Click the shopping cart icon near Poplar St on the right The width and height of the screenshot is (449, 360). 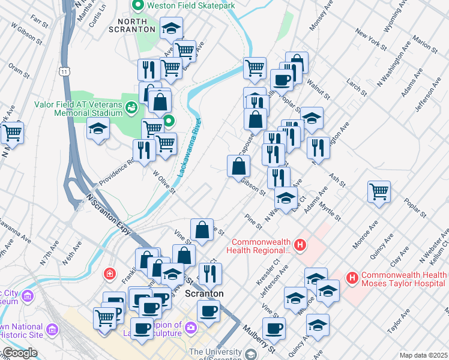(x=379, y=192)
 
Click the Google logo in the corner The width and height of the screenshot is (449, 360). (x=19, y=353)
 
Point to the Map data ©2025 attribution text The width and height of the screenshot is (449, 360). (x=423, y=355)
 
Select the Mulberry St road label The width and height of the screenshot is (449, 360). (x=262, y=338)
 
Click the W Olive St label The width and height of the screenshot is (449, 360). (x=163, y=182)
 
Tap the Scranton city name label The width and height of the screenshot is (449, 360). (x=203, y=294)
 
